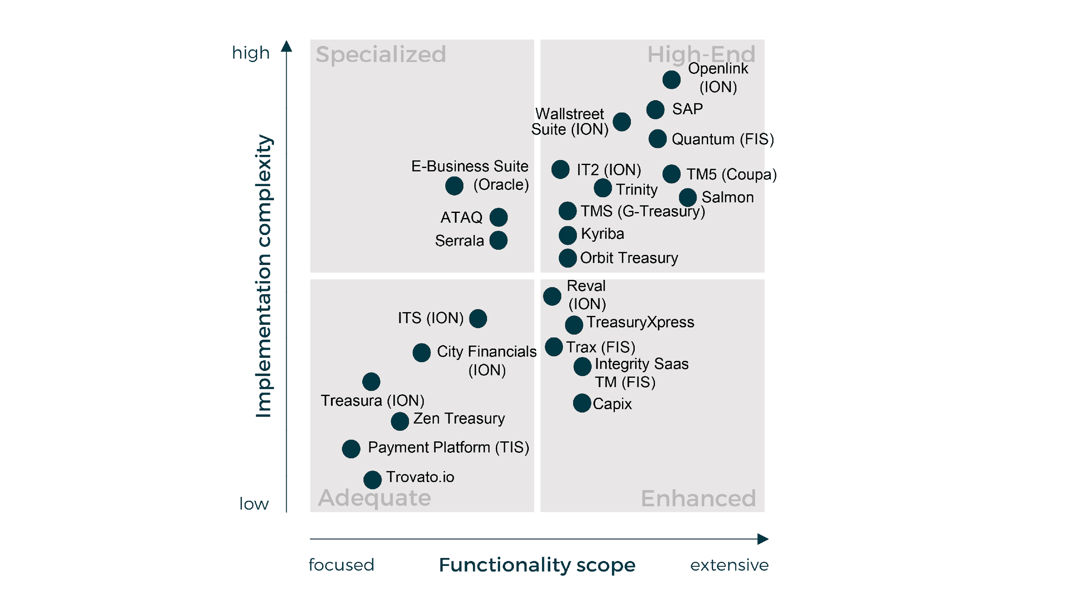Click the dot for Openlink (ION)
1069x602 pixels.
671,80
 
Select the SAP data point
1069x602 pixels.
655,110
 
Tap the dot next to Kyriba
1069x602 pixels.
567,235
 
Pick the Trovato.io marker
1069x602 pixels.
372,480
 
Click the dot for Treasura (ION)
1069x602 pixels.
371,382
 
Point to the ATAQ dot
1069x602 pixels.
498,217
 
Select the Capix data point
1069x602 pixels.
582,403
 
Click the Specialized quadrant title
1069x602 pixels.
381,55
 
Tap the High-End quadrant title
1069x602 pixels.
701,55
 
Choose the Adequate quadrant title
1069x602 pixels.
374,498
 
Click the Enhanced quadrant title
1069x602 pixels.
698,499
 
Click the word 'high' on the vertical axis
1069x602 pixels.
250,53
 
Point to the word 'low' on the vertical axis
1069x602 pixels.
254,503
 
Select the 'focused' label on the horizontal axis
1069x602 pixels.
341,565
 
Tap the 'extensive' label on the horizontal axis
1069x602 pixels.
729,565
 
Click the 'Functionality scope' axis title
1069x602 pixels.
536,565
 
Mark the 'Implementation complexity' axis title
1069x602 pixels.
264,276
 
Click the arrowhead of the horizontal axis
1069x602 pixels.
763,539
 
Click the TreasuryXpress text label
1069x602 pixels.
640,322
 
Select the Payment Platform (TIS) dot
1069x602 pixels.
351,449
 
